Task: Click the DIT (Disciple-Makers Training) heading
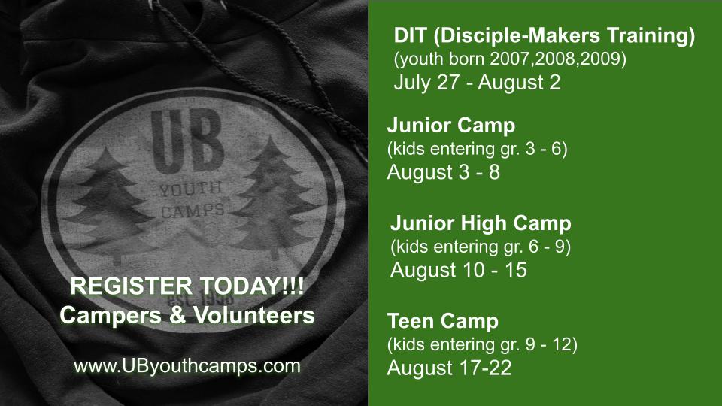point(545,36)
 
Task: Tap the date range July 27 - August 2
point(477,83)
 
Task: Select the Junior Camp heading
point(451,126)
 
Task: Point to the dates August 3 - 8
point(444,172)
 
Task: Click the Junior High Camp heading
point(481,223)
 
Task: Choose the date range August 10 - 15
point(459,270)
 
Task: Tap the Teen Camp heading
point(443,321)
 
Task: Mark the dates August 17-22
point(450,368)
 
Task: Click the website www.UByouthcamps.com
point(187,366)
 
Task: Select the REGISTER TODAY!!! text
point(187,286)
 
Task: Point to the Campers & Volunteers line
point(187,315)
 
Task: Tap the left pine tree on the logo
point(110,205)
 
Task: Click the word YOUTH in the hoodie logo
point(190,188)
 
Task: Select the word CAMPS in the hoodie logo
point(193,211)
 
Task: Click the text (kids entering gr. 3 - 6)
point(477,149)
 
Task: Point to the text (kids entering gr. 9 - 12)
point(482,344)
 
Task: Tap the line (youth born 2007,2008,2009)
point(510,59)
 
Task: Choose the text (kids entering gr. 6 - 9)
point(481,247)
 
